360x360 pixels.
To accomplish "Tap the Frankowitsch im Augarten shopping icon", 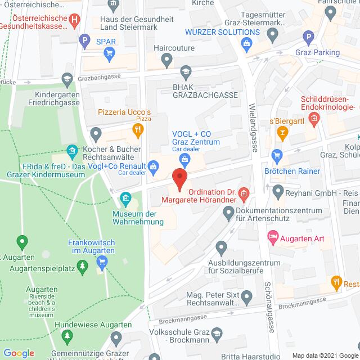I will pyautogui.click(x=102, y=261).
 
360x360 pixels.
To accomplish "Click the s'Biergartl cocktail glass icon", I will pyautogui.click(x=283, y=133).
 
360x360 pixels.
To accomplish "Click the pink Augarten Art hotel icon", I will pyautogui.click(x=273, y=238).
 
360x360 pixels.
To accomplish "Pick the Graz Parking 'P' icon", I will pyautogui.click(x=308, y=38).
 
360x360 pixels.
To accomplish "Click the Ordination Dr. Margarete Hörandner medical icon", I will pyautogui.click(x=244, y=194).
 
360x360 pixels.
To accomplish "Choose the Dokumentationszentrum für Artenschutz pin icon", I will pyautogui.click(x=228, y=213).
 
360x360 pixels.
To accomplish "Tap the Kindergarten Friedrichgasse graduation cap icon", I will pyautogui.click(x=67, y=78).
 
